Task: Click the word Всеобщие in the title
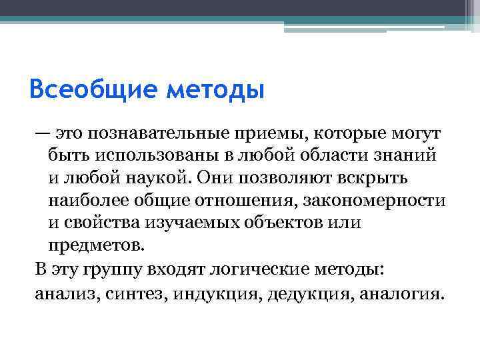pyautogui.click(x=91, y=89)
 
